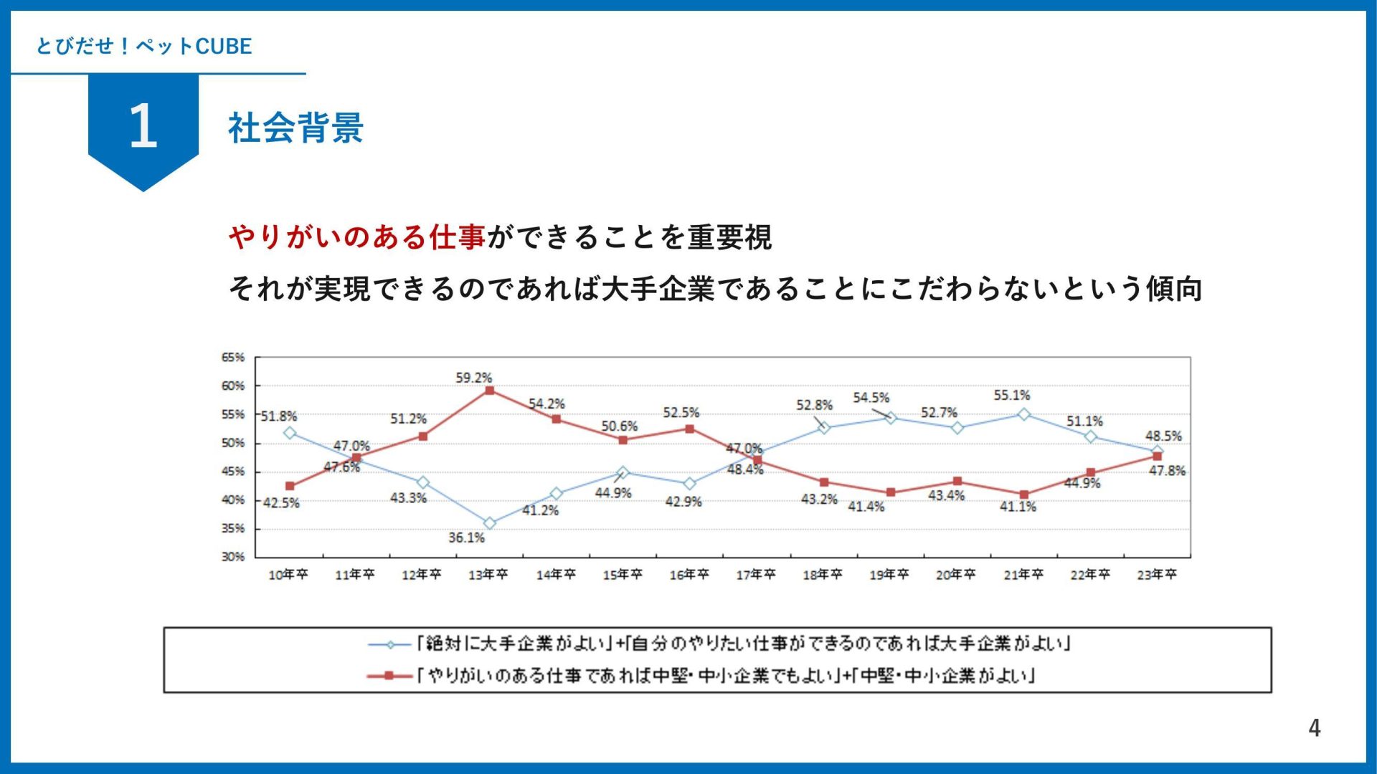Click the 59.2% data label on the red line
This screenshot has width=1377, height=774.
pos(474,378)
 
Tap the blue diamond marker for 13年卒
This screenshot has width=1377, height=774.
pos(490,524)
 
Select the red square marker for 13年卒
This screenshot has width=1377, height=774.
pos(490,391)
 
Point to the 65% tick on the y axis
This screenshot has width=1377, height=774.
pos(233,357)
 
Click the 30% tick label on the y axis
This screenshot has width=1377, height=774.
pos(233,557)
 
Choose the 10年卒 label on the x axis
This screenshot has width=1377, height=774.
pos(288,575)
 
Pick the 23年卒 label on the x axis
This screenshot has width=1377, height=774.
pos(1157,575)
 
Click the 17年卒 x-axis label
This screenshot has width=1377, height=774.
pos(756,575)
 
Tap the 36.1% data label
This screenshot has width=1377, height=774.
pos(467,537)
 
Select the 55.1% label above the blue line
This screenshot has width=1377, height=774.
pos(1012,395)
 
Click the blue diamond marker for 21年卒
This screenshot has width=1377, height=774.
pos(1024,414)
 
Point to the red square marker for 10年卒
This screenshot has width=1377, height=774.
pos(290,486)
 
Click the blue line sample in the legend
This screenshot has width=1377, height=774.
pos(389,644)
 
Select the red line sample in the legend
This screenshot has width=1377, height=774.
pos(389,676)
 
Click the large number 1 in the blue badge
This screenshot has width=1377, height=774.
pos(143,126)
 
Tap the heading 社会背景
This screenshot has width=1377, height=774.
pos(295,128)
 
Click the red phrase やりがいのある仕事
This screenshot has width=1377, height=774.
pos(357,237)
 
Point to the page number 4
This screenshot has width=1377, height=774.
pos(1314,728)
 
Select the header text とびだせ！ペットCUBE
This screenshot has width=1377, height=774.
pos(144,47)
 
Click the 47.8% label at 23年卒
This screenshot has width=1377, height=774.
pos(1167,471)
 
